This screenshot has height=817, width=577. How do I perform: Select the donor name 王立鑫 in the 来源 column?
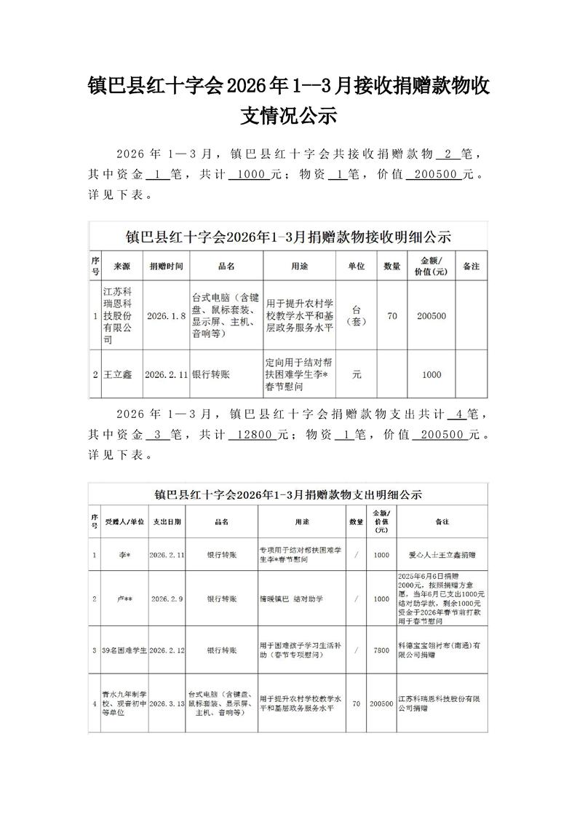coord(122,374)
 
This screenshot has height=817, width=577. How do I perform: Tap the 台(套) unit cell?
coord(357,316)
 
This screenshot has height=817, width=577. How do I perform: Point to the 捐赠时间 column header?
coord(167,267)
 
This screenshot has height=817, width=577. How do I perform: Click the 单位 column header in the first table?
coord(357,267)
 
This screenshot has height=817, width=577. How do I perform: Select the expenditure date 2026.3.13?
coord(167,704)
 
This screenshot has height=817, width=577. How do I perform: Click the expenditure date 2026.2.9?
coord(167,599)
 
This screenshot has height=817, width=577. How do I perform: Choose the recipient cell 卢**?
coord(124,599)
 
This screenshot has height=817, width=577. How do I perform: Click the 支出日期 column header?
coord(167,522)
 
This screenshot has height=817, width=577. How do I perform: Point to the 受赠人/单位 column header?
coord(124,522)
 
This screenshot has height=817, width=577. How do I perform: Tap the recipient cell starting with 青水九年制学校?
coord(124,704)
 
